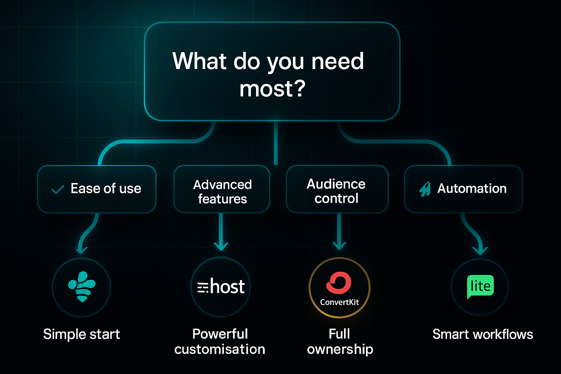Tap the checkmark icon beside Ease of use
pos(58,190)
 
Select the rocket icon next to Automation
pos(425,189)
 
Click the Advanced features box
pos(222,189)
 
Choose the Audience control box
pos(337,189)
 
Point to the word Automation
pos(472,188)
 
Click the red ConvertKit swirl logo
pos(339,283)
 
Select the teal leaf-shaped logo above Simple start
pos(82,286)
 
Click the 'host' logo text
pos(227,287)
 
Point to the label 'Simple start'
pos(81,334)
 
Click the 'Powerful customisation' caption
pos(220,341)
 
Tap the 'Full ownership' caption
pos(340,341)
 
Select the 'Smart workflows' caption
pos(482,334)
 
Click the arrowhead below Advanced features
pos(221,246)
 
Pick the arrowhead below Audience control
pos(339,246)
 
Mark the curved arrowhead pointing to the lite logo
pos(480,251)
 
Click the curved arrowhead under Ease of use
pos(81,250)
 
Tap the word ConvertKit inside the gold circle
pos(339,302)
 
